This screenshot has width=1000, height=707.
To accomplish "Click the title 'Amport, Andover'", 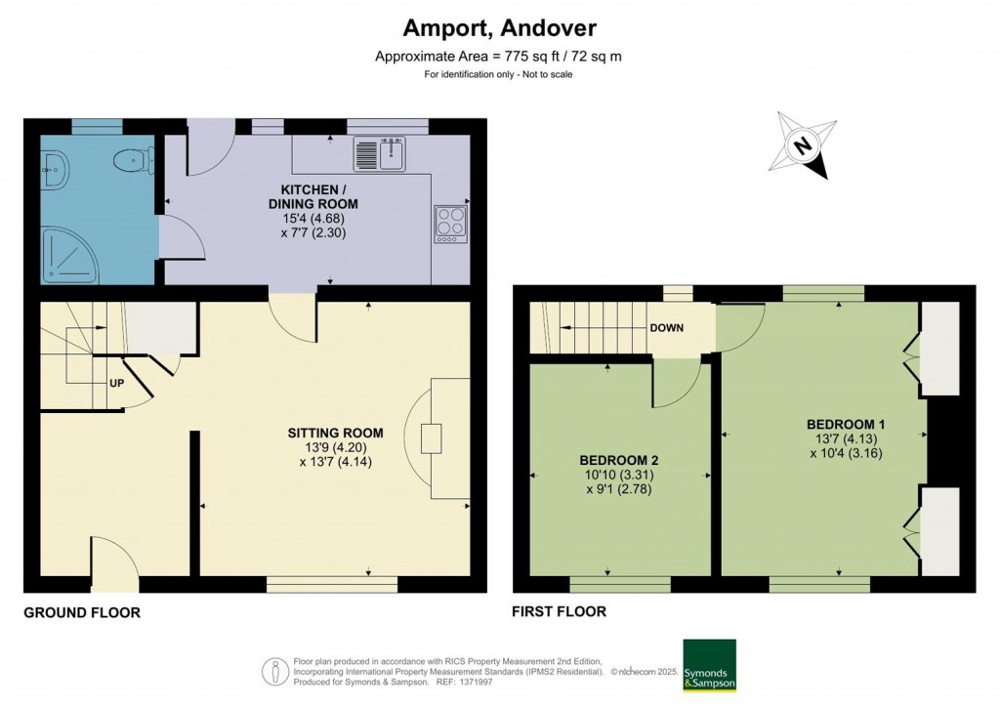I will (499, 28).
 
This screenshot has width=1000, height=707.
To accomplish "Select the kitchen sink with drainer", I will (380, 153).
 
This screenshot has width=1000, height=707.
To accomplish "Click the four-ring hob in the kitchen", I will (450, 222).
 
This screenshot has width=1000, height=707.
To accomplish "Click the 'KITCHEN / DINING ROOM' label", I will (319, 196).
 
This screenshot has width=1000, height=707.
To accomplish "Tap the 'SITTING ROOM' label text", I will (335, 433).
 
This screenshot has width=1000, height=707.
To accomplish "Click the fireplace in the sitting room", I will (432, 438).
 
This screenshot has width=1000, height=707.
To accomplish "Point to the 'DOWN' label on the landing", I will (667, 328).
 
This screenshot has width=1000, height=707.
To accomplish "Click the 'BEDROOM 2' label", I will (619, 460).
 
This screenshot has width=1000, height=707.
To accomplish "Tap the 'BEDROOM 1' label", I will (846, 424).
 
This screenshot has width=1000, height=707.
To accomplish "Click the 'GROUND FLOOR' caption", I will (82, 613).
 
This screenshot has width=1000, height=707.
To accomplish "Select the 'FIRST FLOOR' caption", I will (560, 612).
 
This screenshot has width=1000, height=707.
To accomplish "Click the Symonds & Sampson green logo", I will (709, 666).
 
